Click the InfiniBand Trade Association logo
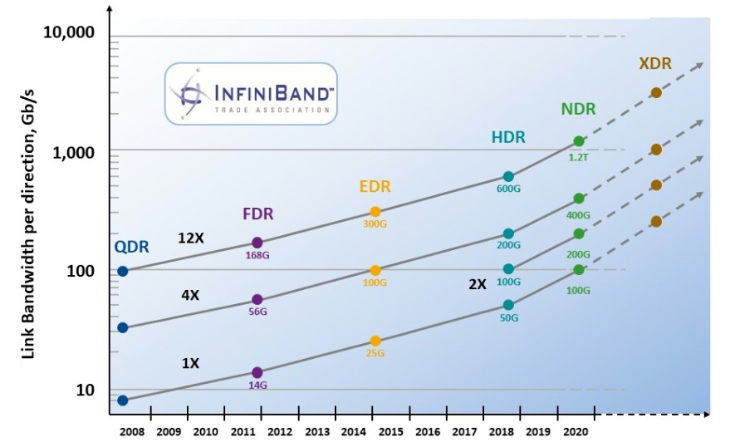click(x=251, y=93)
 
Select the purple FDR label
click(x=257, y=214)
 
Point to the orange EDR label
click(x=375, y=186)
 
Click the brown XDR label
click(x=655, y=64)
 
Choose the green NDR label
click(x=578, y=109)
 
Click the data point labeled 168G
click(x=257, y=243)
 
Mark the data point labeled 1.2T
click(x=579, y=141)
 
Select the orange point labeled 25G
click(x=375, y=341)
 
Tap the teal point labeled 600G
click(x=508, y=177)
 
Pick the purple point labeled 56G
click(x=257, y=299)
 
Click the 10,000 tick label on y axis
click(x=67, y=32)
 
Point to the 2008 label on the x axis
click(x=132, y=432)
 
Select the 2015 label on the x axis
click(x=391, y=432)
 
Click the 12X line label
click(x=190, y=238)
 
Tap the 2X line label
click(x=477, y=283)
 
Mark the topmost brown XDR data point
click(x=656, y=92)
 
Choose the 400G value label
click(x=578, y=215)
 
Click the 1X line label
click(x=190, y=363)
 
